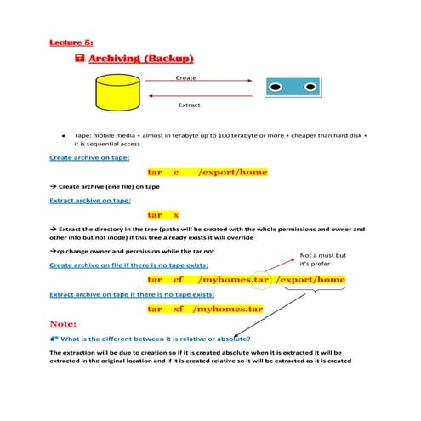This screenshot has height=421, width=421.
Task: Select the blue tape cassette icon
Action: click(x=286, y=88)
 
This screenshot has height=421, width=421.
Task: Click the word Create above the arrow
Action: click(x=186, y=77)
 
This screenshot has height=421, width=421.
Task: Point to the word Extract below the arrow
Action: click(x=188, y=105)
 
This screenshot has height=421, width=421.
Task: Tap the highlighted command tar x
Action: click(x=163, y=215)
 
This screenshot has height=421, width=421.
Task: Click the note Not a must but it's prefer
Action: click(x=324, y=259)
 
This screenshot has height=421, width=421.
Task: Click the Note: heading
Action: click(x=64, y=324)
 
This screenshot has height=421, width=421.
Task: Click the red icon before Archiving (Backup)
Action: click(x=79, y=59)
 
